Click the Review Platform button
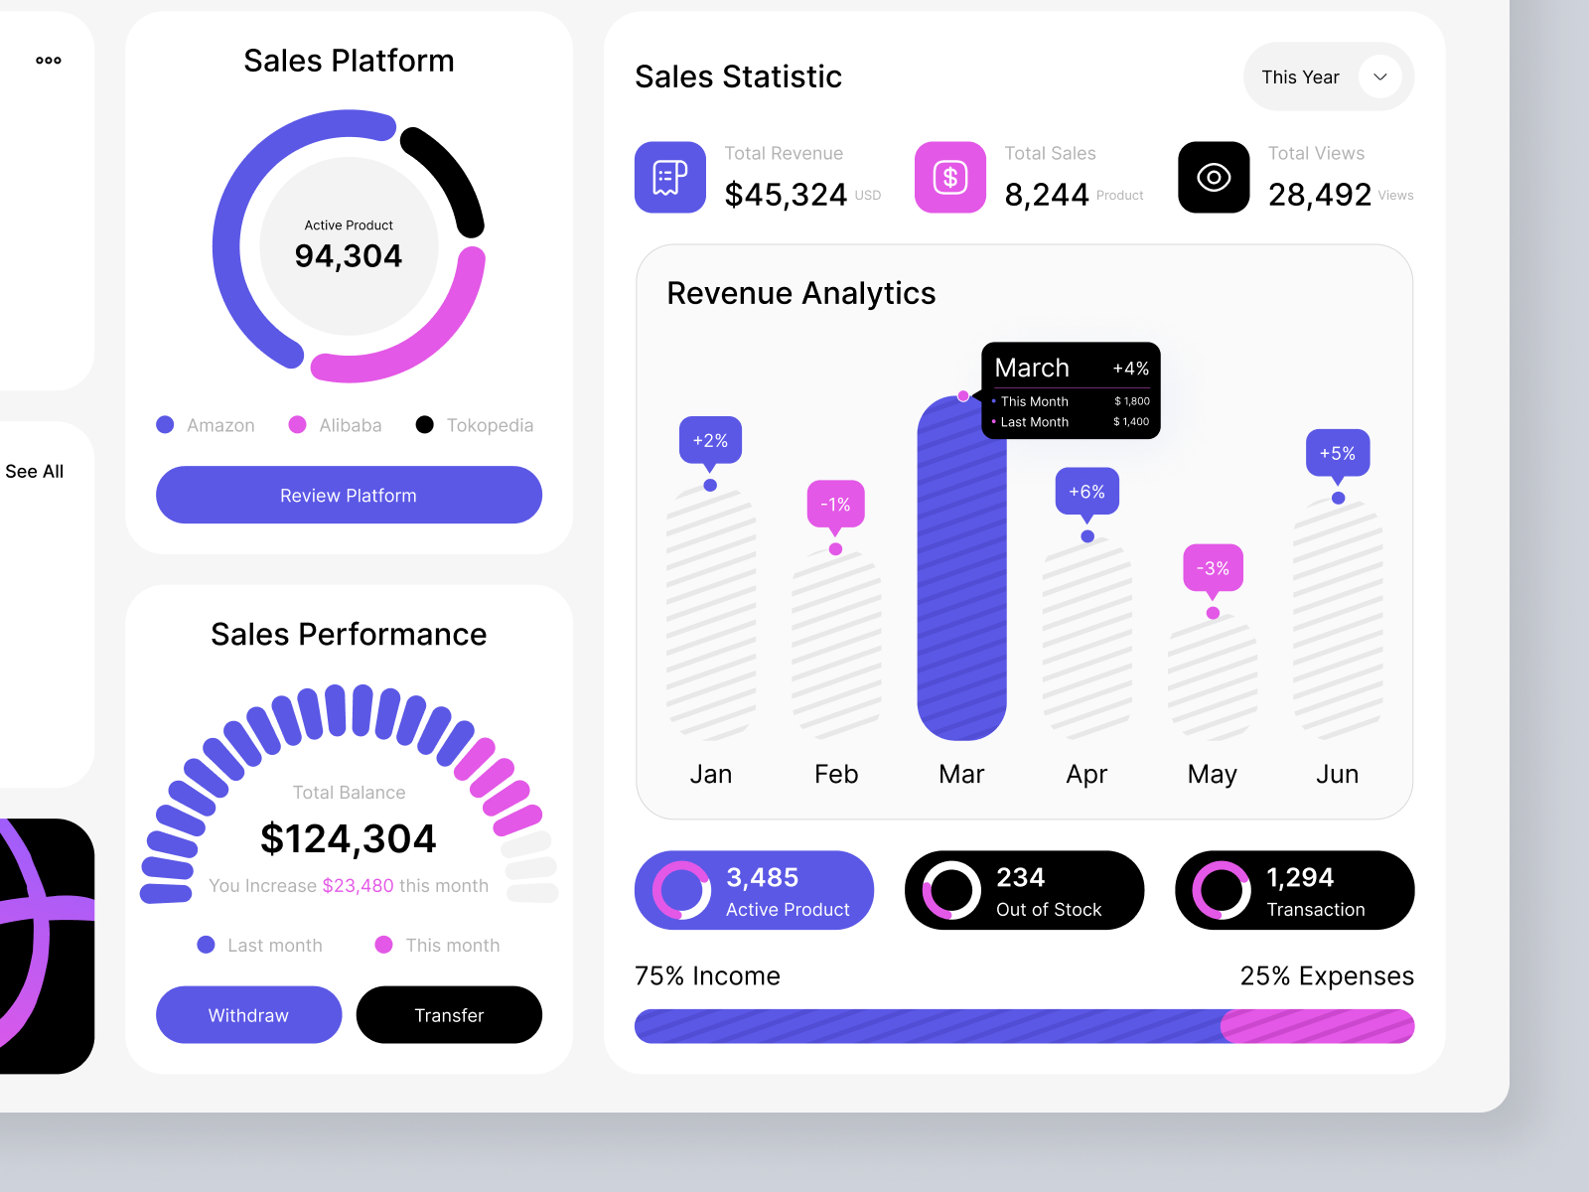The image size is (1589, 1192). [x=349, y=495]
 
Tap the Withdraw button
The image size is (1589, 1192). [x=248, y=1015]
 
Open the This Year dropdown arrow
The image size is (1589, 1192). [x=1379, y=76]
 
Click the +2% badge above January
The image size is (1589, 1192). [x=710, y=440]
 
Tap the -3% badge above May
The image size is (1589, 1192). [x=1213, y=568]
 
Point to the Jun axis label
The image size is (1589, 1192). [x=1337, y=774]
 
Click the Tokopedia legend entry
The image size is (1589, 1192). [x=489, y=425]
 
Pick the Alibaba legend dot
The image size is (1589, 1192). [x=297, y=425]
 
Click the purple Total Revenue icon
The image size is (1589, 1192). [x=670, y=178]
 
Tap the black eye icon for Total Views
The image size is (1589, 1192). [x=1214, y=178]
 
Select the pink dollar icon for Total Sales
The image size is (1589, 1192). [x=950, y=178]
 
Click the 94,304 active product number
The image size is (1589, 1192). [x=349, y=256]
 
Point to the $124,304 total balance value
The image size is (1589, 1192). [x=349, y=839]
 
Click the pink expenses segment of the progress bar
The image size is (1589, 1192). [x=1317, y=1026]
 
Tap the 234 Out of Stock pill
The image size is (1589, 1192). [x=1024, y=890]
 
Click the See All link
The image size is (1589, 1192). [x=35, y=472]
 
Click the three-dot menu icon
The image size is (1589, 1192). [x=49, y=61]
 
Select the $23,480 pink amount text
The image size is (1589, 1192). [x=358, y=886]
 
